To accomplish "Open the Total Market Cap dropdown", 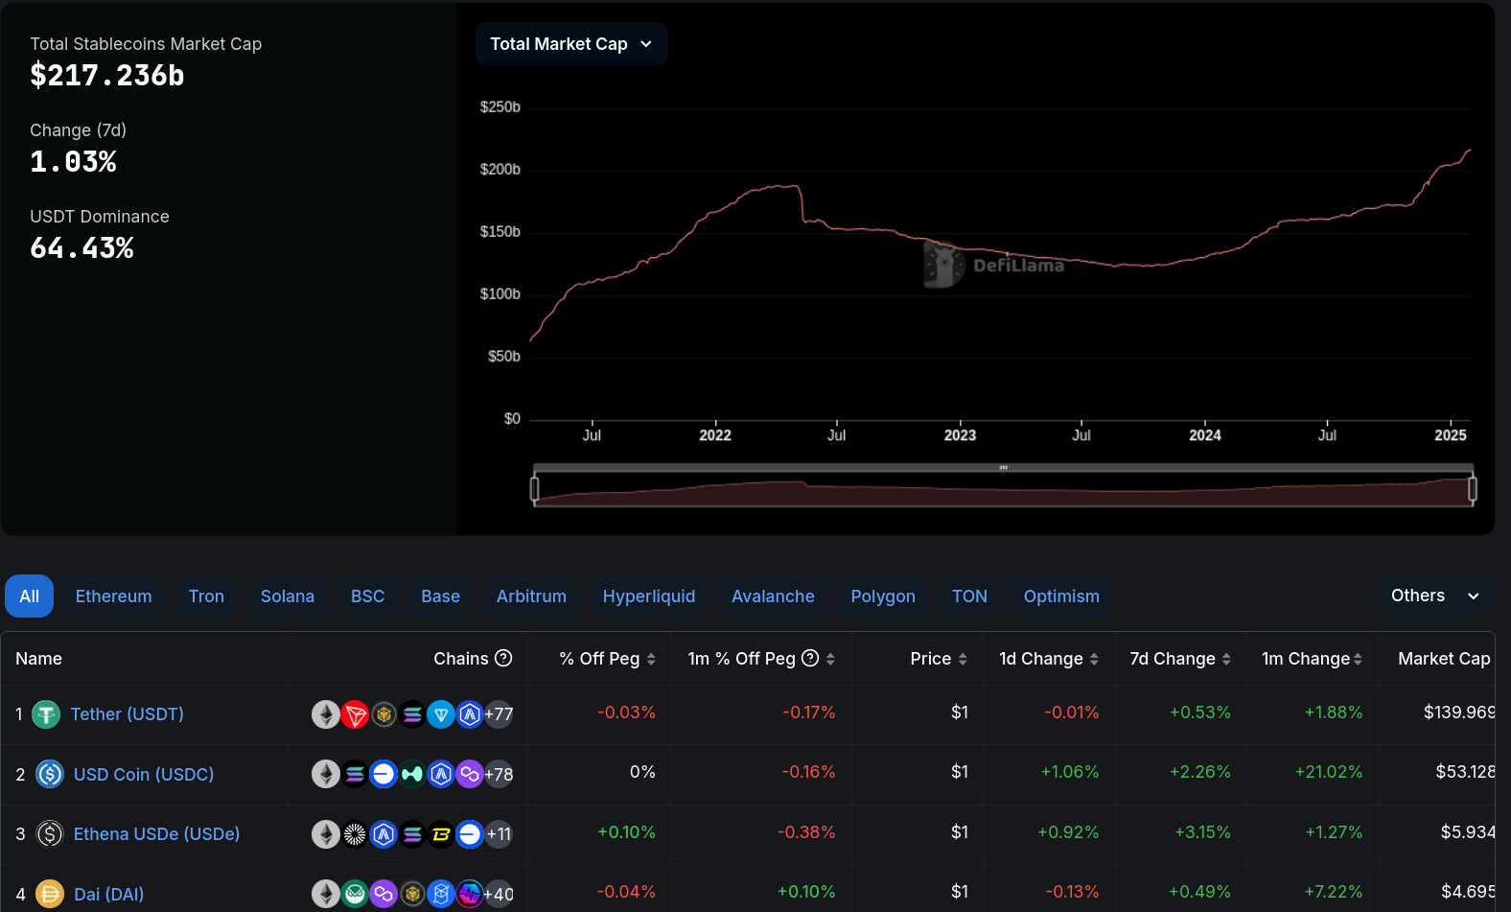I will pyautogui.click(x=570, y=44).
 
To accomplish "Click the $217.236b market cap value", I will pyautogui.click(x=107, y=76).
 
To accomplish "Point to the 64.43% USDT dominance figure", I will pyautogui.click(x=82, y=248).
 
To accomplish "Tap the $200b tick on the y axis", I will pyautogui.click(x=500, y=170).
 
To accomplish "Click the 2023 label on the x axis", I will pyautogui.click(x=960, y=435).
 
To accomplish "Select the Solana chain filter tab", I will pyautogui.click(x=288, y=596).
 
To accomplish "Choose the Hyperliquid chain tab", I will pyautogui.click(x=649, y=596).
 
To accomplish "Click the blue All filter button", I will pyautogui.click(x=30, y=596).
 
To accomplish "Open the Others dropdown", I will pyautogui.click(x=1434, y=596).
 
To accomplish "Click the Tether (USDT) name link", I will pyautogui.click(x=127, y=714).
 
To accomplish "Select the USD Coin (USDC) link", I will pyautogui.click(x=144, y=775).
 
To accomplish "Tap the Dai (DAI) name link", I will pyautogui.click(x=109, y=895).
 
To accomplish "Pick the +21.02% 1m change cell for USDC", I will pyautogui.click(x=1329, y=772).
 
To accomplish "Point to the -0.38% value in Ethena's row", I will pyautogui.click(x=806, y=832).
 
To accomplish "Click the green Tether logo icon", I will pyautogui.click(x=46, y=714).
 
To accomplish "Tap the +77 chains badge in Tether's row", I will pyautogui.click(x=499, y=714).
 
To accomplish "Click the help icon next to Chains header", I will pyautogui.click(x=503, y=658).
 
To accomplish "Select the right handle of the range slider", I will pyautogui.click(x=1473, y=489).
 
